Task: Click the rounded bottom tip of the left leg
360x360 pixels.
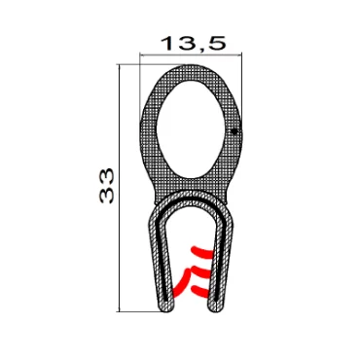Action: click(x=166, y=310)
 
